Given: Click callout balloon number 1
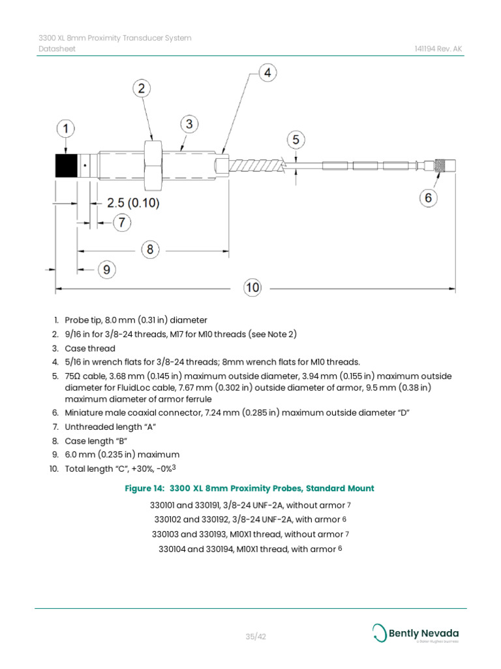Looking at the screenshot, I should point(65,130).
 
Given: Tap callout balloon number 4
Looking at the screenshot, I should point(267,73).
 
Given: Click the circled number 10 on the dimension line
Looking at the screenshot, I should point(253,287).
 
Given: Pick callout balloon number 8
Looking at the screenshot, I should point(150,249).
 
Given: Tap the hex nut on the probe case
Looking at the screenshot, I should point(153,163).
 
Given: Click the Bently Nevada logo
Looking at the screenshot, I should point(416,633).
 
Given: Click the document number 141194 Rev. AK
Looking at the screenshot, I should point(439,49).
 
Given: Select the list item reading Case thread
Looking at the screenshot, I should point(90,348).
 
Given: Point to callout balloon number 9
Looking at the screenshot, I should point(109,269).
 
